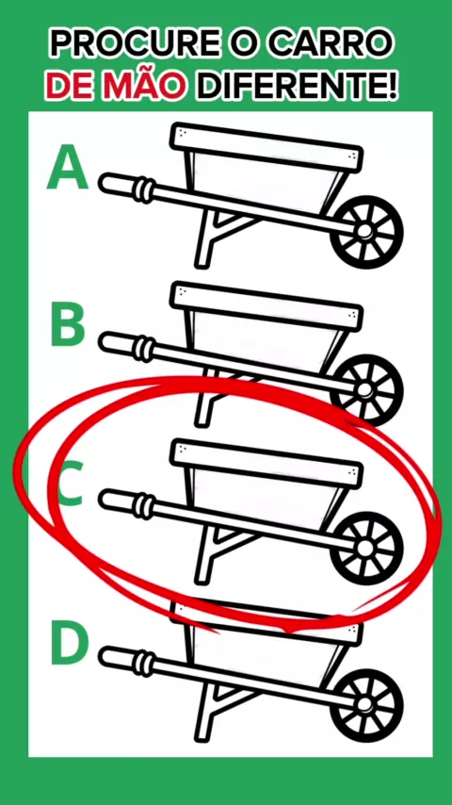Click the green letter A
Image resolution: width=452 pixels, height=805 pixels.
67,167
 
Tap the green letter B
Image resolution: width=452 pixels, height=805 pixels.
67,324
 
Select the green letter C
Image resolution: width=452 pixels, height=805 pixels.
70,484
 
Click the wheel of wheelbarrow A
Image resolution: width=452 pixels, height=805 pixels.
366,232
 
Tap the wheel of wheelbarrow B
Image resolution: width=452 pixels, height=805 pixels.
366,389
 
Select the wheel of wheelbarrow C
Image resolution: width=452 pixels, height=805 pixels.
366,548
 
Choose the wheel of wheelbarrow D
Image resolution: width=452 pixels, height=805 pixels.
366,705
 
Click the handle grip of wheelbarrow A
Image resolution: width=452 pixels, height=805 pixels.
126,187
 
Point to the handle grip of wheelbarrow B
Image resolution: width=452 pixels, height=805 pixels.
126,345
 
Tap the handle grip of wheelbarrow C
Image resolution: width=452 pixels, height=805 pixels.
126,503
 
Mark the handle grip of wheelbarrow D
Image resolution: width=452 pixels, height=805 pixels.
126,661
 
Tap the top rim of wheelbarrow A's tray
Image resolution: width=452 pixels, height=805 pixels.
266,147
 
